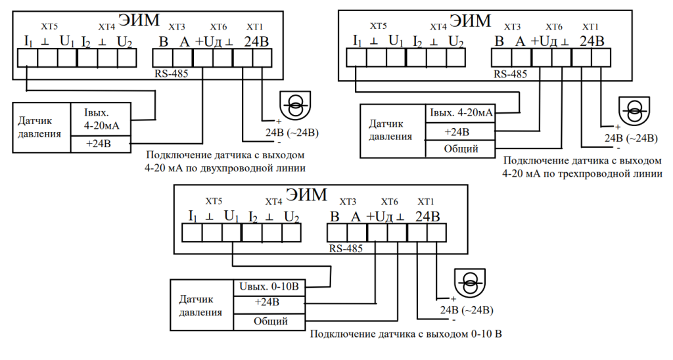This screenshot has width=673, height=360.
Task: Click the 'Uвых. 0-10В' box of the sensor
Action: point(270,286)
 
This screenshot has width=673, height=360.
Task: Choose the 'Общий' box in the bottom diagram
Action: point(270,321)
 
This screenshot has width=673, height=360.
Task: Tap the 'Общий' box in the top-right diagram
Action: point(461,149)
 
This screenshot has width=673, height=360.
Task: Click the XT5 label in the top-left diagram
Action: point(49,26)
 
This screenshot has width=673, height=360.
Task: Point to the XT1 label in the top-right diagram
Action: point(590,26)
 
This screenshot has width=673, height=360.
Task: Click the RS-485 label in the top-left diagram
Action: point(172,74)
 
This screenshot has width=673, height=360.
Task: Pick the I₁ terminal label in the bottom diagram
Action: point(193,216)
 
